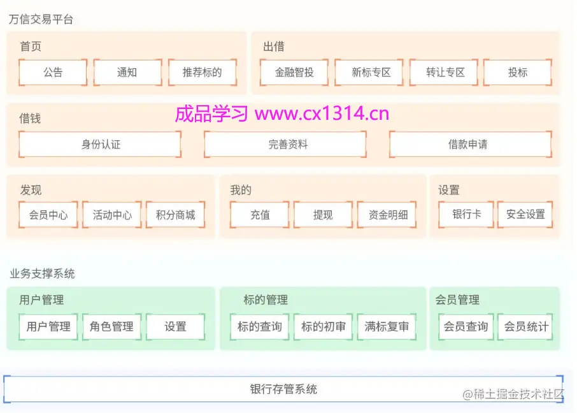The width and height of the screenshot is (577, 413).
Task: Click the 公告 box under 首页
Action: pos(53,73)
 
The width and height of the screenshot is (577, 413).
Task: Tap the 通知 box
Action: pos(127,73)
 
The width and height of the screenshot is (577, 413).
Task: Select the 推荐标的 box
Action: pos(203,73)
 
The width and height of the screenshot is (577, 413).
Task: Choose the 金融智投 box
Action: pos(294,73)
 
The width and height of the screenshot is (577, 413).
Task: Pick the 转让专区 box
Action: pos(446,73)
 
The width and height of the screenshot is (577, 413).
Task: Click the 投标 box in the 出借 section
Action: pos(518,73)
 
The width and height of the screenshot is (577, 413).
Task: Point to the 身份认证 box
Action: pos(101,145)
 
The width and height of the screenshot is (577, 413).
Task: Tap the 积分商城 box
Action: pos(176,215)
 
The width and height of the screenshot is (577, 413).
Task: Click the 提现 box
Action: pos(323,215)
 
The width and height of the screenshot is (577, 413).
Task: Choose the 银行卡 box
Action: pos(466,215)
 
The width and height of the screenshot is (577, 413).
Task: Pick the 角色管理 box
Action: pos(112,327)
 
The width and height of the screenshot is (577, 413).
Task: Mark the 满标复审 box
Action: pos(387,327)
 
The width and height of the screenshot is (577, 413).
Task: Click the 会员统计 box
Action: pos(526,327)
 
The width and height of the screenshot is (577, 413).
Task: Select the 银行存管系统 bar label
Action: pos(283,389)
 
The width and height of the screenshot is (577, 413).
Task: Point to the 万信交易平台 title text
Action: pos(41,20)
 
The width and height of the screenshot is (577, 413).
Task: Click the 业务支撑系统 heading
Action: pos(42,274)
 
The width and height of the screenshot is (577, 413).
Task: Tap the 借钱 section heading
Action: pos(30,119)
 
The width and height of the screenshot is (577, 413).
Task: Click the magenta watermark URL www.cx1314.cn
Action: pos(322,114)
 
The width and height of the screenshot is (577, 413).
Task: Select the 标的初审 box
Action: pos(324,327)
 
